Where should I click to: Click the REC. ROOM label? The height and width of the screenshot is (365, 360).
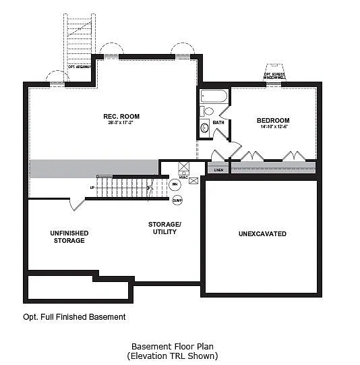tap(121, 116)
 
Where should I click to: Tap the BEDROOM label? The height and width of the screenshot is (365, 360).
tap(273, 120)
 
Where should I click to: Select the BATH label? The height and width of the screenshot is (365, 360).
tap(218, 122)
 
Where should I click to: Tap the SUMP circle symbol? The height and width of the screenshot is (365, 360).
tap(177, 200)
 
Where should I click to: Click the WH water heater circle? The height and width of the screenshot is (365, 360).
tap(175, 184)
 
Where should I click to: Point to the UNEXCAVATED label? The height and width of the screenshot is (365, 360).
tap(262, 234)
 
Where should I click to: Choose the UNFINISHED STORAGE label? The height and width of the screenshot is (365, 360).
tap(69, 237)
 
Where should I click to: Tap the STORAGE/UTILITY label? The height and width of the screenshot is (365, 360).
tap(164, 227)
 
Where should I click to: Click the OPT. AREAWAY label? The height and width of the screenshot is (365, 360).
tap(80, 67)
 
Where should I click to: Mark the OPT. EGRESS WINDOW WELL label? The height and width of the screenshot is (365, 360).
tap(275, 76)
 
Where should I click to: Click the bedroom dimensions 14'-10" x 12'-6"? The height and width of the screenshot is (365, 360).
tap(273, 127)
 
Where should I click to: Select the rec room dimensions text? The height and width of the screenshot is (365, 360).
tap(121, 123)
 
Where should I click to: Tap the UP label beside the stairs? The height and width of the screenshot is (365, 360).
tap(92, 188)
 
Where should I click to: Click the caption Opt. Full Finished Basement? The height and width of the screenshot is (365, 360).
tap(74, 316)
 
